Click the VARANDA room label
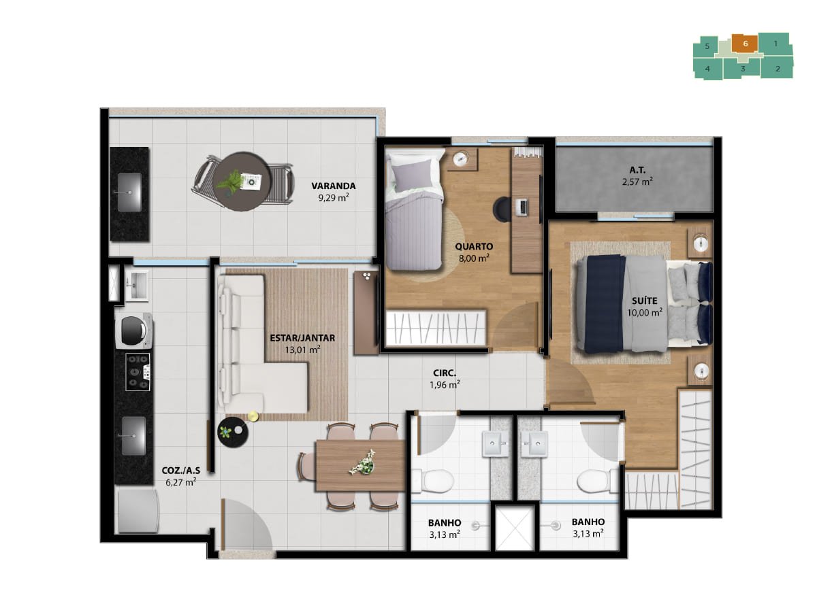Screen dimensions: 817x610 pos(333,186)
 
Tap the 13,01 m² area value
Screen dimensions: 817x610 pos(302,350)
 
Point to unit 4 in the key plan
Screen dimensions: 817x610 pos(707,69)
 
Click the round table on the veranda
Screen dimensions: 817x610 pos(242,181)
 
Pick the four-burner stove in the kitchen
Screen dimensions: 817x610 pos(138,372)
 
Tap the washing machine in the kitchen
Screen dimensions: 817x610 pos(133,331)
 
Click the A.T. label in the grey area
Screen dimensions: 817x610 pos(637,170)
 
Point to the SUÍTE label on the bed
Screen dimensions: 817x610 pos(644,301)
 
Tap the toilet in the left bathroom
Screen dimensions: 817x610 pos(432,481)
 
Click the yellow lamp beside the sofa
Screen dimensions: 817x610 pos(253,416)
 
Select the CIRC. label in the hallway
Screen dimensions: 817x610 pos(445,373)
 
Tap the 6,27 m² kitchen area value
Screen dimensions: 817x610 pos(181,483)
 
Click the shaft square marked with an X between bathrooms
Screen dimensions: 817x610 pos(515,528)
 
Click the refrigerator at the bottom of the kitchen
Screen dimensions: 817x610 pos(138,511)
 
